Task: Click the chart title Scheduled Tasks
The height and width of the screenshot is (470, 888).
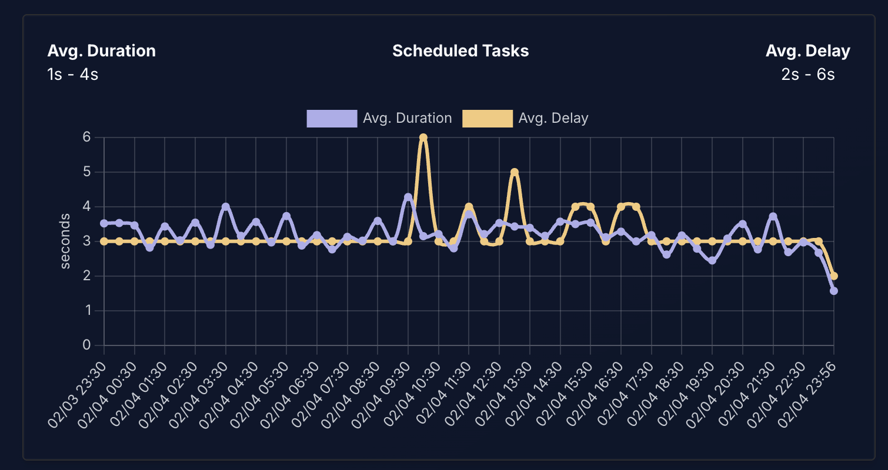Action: [460, 51]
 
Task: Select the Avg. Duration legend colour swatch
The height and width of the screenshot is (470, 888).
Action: [332, 118]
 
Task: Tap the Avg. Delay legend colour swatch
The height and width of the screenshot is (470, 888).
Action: [488, 118]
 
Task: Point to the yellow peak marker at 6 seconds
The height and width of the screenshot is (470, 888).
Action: [423, 137]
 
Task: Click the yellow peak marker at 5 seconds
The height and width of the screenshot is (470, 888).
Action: [515, 172]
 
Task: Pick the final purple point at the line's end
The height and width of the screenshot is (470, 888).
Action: [833, 291]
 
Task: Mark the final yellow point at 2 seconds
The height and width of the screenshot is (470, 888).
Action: [834, 276]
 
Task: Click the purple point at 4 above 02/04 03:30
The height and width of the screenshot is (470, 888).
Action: [225, 207]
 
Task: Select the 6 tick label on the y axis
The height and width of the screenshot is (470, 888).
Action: [86, 137]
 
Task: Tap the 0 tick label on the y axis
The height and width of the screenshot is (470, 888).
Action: [86, 345]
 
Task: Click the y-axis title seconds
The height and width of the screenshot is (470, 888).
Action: [65, 241]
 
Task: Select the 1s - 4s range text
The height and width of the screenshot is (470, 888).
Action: [72, 75]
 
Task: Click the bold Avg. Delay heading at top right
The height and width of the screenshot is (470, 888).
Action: [807, 51]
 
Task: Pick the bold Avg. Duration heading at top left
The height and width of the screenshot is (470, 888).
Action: [101, 51]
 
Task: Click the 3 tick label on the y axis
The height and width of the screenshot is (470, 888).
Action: [86, 241]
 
